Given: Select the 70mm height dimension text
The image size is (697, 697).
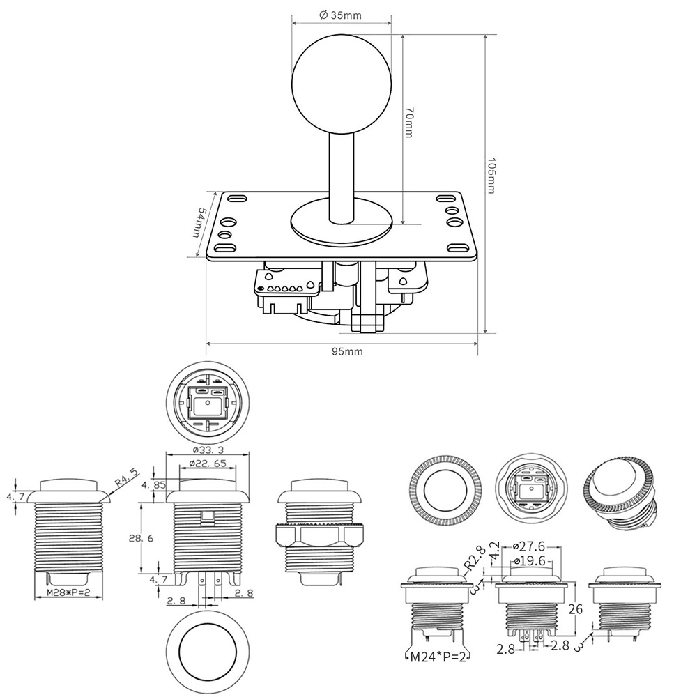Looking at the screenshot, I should point(411,123).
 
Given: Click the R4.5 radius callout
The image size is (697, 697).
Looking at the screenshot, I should point(127,481).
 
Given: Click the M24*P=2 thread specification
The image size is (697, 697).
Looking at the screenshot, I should point(438,656).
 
